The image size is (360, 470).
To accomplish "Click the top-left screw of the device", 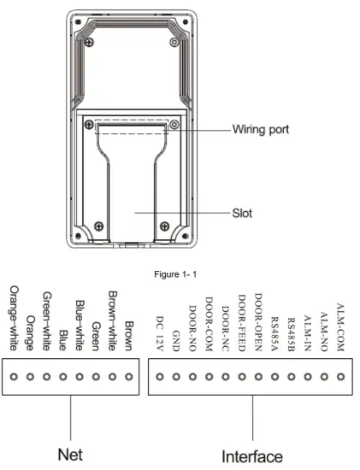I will (x=97, y=42).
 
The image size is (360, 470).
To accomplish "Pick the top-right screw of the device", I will (x=178, y=42).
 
